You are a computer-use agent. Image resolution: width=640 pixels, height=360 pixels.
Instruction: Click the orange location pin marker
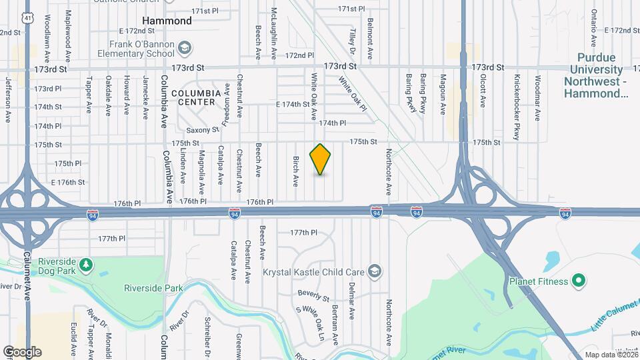[321, 159]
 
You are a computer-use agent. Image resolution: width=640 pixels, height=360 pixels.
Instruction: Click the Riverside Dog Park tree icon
[85, 265]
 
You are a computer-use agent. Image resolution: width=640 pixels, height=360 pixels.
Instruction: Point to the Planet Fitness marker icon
[578, 281]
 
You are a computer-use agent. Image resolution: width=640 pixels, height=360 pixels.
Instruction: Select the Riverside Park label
[153, 289]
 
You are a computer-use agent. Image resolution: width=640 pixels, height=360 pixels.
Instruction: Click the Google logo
[22, 351]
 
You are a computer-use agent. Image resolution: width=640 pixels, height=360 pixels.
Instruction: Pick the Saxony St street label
[203, 130]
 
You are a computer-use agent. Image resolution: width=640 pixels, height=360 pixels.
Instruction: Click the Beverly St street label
[314, 295]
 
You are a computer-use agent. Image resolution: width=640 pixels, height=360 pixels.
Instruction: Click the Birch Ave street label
[295, 171]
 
